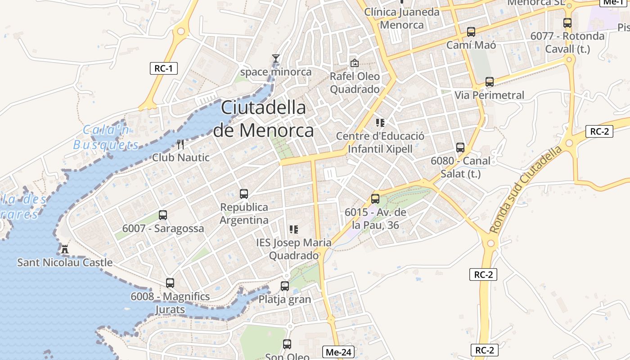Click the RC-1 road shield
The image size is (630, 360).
point(164,68)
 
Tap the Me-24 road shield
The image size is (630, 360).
point(338,352)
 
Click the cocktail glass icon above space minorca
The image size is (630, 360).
point(275,58)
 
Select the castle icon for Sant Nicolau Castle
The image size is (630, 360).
point(65,249)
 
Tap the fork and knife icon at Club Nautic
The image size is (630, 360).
point(180,144)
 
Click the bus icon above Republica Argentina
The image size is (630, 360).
point(244,194)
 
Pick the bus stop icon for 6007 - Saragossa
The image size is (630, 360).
point(163,215)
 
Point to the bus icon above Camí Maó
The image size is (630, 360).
point(471,32)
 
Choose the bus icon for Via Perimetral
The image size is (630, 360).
point(490,82)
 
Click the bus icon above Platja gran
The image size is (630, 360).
point(285,286)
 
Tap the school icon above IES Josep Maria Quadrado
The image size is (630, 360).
point(294,229)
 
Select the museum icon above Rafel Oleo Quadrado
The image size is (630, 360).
point(355,63)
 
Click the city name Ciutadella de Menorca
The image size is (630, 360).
point(264,119)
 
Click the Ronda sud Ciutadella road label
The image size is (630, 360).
point(526,189)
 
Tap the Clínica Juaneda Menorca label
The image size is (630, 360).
point(402,18)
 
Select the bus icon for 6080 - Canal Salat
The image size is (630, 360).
point(460,148)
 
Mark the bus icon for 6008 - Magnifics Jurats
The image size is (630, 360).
point(170,283)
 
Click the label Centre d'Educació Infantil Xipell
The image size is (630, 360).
point(380,142)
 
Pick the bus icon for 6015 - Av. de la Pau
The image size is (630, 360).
point(375,198)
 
